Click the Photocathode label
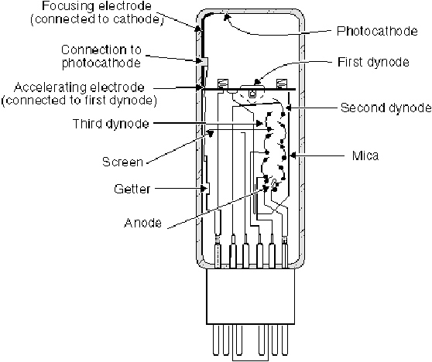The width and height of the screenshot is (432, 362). (377, 31)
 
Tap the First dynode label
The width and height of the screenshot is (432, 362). (373, 62)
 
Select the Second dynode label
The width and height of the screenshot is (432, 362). (386, 108)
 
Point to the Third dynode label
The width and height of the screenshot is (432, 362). (111, 124)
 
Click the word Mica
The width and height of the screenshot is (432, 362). (365, 155)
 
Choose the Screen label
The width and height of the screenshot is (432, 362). (122, 162)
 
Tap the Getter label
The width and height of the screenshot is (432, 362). (132, 189)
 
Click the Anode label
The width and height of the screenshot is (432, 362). (142, 223)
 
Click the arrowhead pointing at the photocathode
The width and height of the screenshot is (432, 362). (227, 18)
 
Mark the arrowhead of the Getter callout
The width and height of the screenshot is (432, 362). (204, 189)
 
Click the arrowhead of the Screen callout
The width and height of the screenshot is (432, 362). (211, 133)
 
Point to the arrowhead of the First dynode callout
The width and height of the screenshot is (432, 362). (257, 81)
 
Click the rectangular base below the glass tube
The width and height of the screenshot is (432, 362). (250, 296)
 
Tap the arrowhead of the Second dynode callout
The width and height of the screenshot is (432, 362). (288, 108)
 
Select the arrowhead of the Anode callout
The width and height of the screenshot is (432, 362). (265, 188)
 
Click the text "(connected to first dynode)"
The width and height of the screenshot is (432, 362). (79, 101)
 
